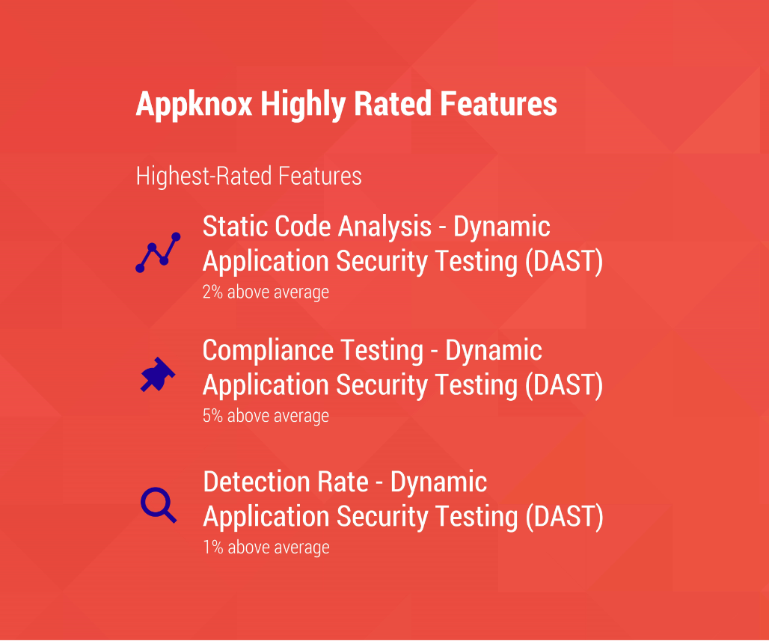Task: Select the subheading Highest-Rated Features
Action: coord(248,177)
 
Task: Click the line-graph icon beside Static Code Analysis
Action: coord(158,252)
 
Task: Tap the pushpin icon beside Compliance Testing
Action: coord(157,375)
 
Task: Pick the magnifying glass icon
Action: coord(158,504)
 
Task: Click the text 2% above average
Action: coord(266,292)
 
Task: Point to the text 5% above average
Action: coord(266,415)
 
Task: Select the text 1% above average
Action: coord(266,547)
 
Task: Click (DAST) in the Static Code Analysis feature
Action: coord(563,262)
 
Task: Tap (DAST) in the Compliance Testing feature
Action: coord(563,385)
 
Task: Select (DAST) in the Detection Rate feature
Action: coord(563,517)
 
